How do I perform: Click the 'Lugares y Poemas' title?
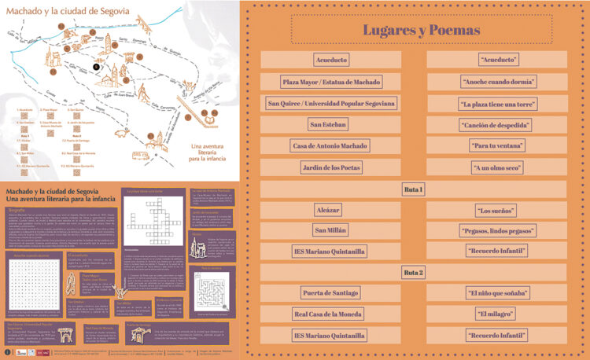pyautogui.click(x=421, y=31)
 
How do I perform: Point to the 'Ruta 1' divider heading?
pyautogui.click(x=414, y=189)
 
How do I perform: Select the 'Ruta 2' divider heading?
pyautogui.click(x=414, y=272)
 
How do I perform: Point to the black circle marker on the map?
pyautogui.click(x=96, y=68)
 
